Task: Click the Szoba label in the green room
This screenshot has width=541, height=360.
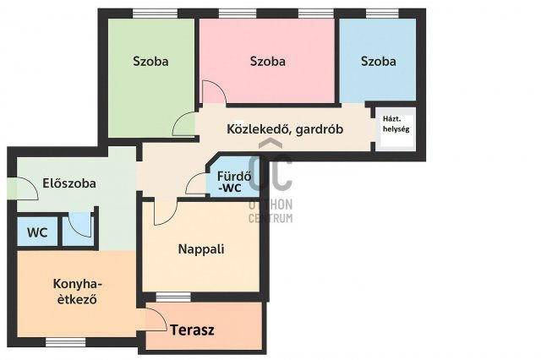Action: tap(150, 61)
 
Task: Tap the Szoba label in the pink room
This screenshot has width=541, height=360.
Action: tap(267, 61)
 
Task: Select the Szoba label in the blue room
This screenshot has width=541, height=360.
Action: tap(378, 61)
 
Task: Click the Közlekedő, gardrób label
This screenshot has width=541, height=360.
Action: tap(283, 129)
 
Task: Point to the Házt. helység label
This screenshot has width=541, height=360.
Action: tap(396, 123)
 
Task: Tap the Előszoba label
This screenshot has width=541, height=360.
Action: tap(69, 183)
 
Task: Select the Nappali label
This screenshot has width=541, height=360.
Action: tap(201, 249)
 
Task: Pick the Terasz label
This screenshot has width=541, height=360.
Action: tap(193, 330)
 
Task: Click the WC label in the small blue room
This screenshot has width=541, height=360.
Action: tap(36, 232)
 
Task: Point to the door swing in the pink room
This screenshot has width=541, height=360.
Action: tap(212, 91)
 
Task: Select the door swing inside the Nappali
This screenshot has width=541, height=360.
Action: tap(163, 213)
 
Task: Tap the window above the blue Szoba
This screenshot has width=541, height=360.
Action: tap(378, 13)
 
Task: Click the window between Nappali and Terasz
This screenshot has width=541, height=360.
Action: tap(173, 296)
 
